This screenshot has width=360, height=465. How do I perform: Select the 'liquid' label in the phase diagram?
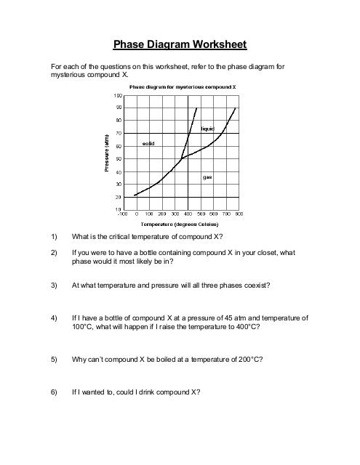point(207,128)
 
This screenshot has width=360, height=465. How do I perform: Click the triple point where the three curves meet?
point(180,158)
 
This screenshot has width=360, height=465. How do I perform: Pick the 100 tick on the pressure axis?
point(117,94)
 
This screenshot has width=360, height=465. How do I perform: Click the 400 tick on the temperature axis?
point(188,215)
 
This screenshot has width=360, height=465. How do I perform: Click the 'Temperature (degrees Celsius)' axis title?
point(181,225)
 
